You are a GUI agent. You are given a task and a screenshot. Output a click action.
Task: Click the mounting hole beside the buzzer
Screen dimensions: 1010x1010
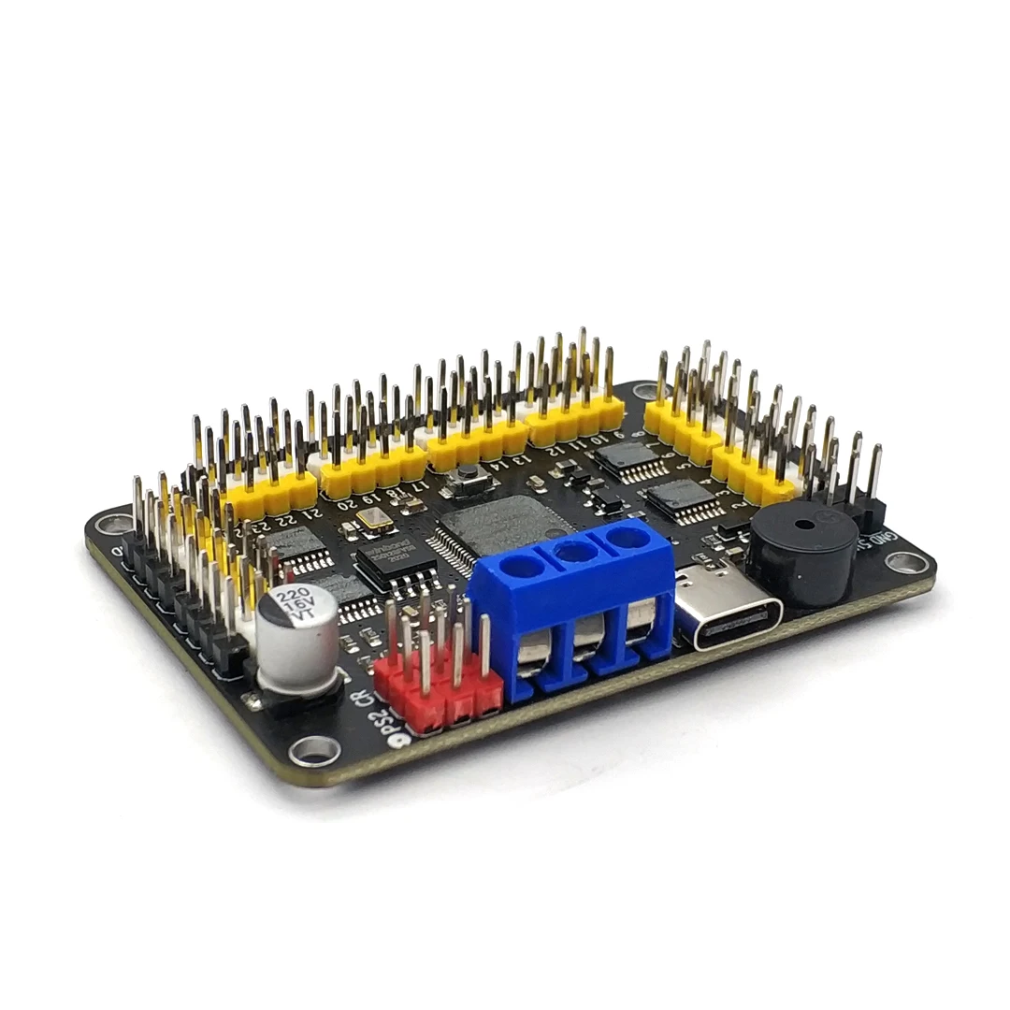904,563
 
